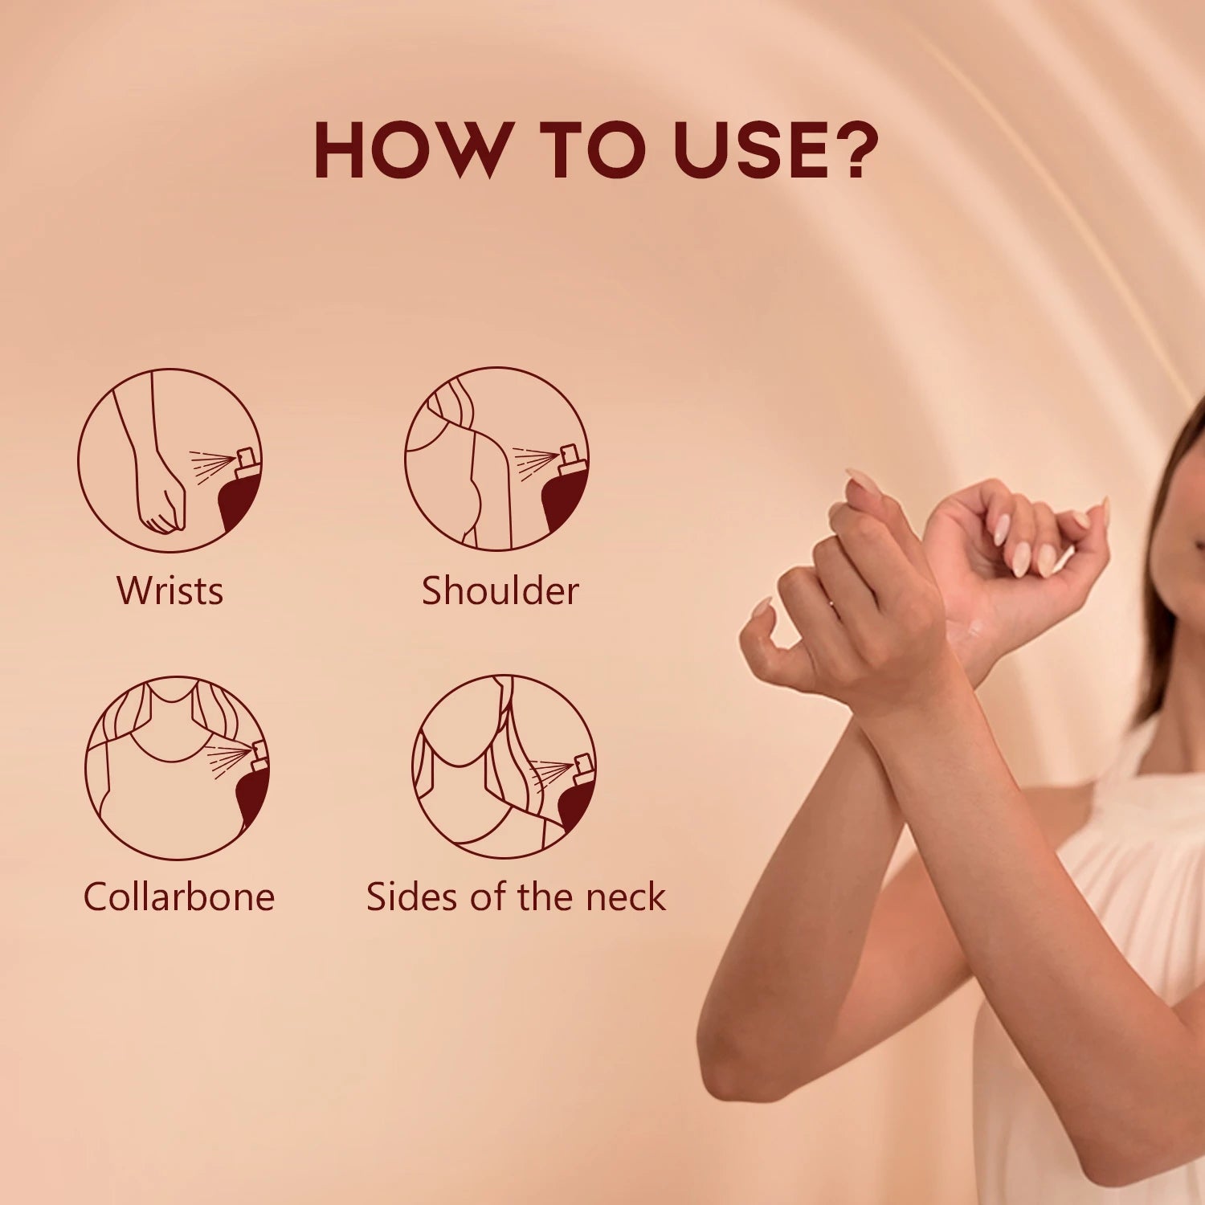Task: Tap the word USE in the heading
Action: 746,150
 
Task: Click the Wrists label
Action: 170,590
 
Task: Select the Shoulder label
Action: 500,590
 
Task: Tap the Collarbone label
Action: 178,897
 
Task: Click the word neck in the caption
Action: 626,897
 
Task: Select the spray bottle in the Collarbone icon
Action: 254,783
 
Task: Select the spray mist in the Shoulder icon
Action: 535,463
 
